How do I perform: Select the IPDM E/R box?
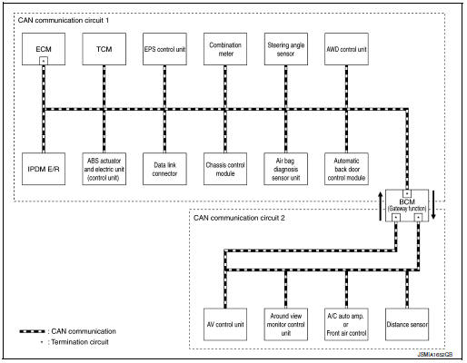[43, 169]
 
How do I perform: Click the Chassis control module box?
[224, 169]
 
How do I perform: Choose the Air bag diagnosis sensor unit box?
[285, 169]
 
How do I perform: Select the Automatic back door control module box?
[346, 169]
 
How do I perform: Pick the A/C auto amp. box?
[346, 324]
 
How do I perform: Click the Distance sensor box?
[407, 324]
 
